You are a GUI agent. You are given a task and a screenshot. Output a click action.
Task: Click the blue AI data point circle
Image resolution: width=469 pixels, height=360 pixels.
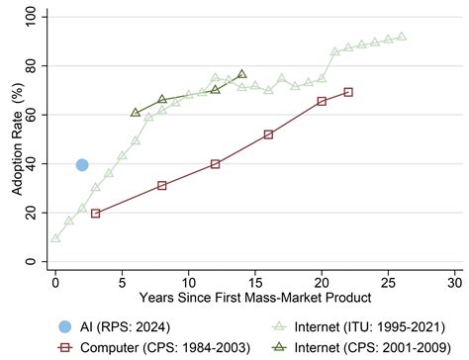[x=82, y=165]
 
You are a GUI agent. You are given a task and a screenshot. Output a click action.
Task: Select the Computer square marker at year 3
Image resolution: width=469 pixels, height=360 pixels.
[x=95, y=214]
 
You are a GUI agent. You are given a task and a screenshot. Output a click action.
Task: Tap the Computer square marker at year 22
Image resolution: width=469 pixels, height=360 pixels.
[x=348, y=92]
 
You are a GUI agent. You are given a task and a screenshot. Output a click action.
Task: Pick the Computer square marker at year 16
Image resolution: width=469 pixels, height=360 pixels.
[x=268, y=134]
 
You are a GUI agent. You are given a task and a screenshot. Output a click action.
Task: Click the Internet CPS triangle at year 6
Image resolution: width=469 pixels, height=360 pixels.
[x=136, y=113]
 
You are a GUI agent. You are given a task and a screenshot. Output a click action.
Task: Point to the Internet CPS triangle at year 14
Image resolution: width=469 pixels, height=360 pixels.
[x=241, y=74]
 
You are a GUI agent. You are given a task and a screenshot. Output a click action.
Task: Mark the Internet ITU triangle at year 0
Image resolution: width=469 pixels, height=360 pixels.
[x=55, y=237]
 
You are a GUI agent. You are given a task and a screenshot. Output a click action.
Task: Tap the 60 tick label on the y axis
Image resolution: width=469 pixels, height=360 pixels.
[x=35, y=115]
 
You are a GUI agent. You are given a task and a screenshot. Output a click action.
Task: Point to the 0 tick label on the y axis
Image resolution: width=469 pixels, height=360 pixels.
[x=39, y=261]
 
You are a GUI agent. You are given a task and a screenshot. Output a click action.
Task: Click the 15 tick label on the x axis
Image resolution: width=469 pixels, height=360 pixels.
[x=254, y=280]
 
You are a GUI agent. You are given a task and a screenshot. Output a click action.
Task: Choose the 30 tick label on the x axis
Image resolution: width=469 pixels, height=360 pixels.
[x=454, y=280]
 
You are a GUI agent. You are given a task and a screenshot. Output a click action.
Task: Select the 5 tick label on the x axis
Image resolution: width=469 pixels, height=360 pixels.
[x=122, y=280]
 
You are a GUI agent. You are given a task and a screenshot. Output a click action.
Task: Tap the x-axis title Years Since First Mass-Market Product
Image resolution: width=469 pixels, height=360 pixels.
[x=254, y=298]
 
